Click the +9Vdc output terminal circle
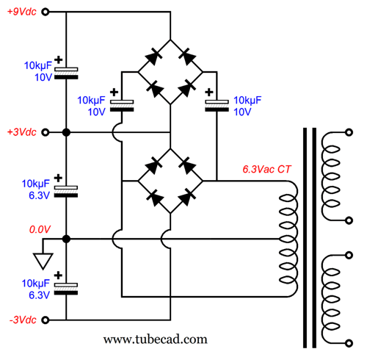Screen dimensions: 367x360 point(46,12)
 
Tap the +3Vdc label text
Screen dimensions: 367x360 point(22,132)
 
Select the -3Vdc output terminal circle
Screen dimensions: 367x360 point(46,320)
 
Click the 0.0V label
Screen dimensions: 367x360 point(40,229)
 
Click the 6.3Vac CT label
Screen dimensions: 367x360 point(266,169)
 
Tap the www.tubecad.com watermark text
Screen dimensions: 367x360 point(156,339)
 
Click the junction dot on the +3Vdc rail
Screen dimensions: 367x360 point(66,132)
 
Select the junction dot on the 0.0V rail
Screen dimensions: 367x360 point(66,239)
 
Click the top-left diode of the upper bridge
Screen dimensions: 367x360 point(153,57)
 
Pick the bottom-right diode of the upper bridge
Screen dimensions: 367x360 point(187,88)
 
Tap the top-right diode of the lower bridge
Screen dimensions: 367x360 point(187,165)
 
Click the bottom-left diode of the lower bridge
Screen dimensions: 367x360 point(155,198)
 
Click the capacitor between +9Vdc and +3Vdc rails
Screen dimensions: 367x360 point(66,73)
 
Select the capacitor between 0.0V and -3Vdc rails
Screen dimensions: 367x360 point(66,289)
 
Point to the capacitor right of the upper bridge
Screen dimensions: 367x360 point(217,106)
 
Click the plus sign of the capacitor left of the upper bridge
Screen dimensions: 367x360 point(114,93)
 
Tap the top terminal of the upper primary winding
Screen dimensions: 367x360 point(349,132)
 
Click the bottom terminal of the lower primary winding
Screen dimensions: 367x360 point(349,343)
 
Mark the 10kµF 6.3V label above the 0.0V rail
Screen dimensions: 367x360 point(36,190)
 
